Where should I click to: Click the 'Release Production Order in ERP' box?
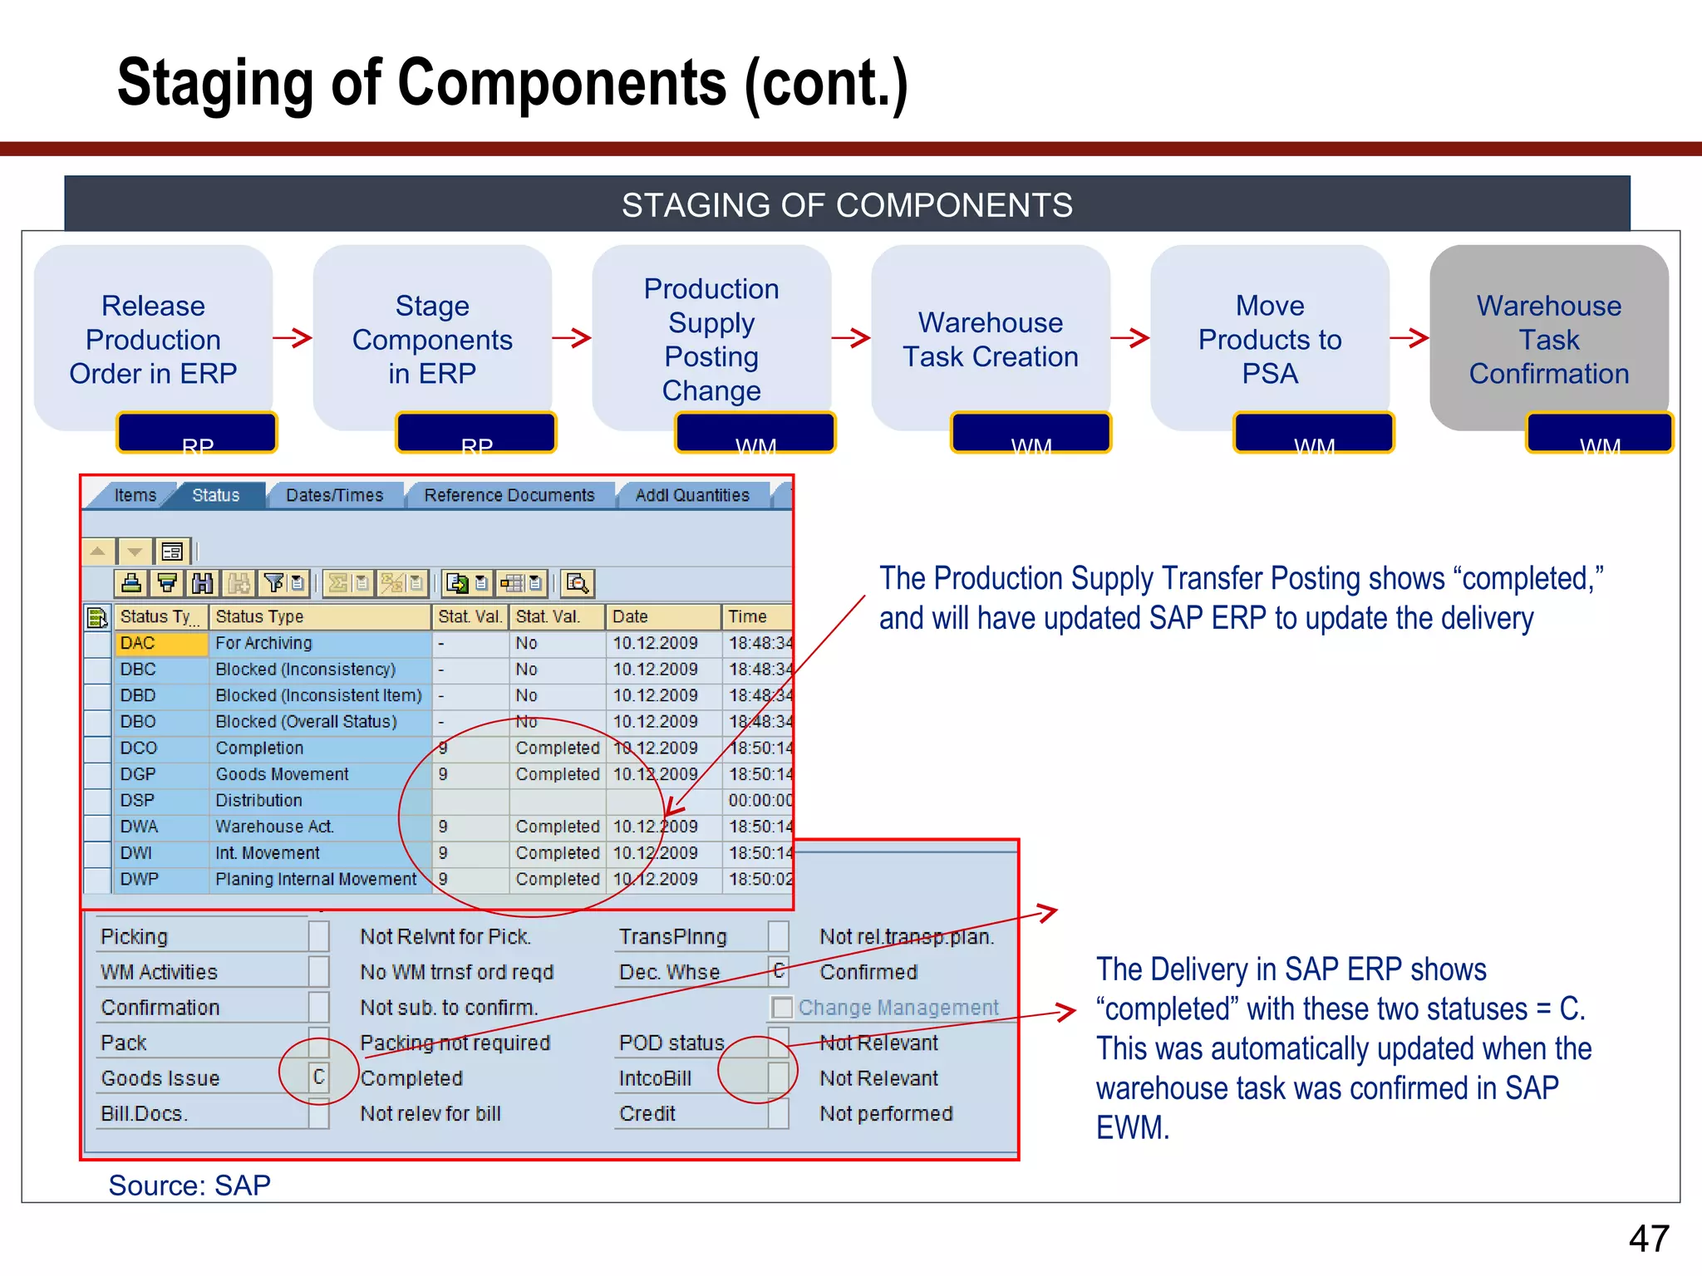pyautogui.click(x=153, y=339)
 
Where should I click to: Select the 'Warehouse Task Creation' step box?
pyautogui.click(x=991, y=339)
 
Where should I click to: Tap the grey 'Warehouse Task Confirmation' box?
pyautogui.click(x=1548, y=339)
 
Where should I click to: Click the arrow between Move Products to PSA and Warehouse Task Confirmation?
pyautogui.click(x=1409, y=337)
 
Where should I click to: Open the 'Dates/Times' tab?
pyautogui.click(x=334, y=495)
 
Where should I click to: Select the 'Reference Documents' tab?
pyautogui.click(x=509, y=495)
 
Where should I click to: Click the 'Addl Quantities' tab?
pyautogui.click(x=691, y=495)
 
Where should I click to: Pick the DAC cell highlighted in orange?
pyautogui.click(x=160, y=643)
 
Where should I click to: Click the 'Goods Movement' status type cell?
pyautogui.click(x=282, y=774)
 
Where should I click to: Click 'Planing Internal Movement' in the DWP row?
pyautogui.click(x=316, y=879)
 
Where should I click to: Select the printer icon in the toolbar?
pyautogui.click(x=131, y=583)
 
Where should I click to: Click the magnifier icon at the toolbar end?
pyautogui.click(x=577, y=583)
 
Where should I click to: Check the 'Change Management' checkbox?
pyautogui.click(x=781, y=1008)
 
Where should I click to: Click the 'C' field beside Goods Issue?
pyautogui.click(x=318, y=1077)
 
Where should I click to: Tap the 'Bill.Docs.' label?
pyautogui.click(x=145, y=1113)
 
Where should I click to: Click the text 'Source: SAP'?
pyautogui.click(x=189, y=1185)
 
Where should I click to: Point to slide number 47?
pyautogui.click(x=1649, y=1239)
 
